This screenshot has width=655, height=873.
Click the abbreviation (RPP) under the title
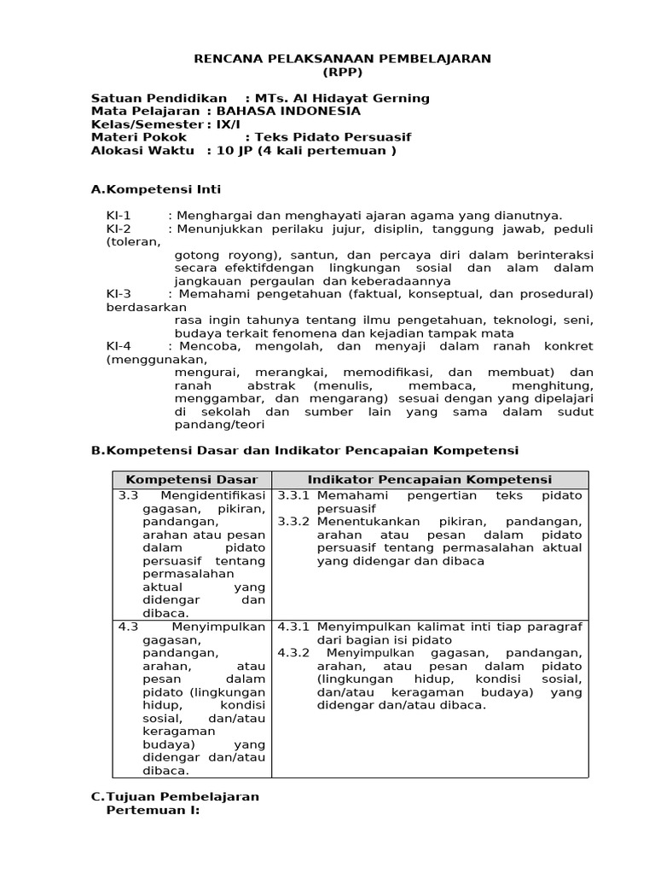[x=342, y=72]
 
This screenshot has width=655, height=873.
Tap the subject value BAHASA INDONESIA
[x=288, y=111]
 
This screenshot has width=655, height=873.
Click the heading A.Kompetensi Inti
[x=156, y=189]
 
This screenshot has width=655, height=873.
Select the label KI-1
[x=119, y=216]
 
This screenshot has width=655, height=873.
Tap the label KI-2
[x=119, y=228]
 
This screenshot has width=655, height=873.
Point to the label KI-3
[x=119, y=294]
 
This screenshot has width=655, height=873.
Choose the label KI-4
[x=119, y=346]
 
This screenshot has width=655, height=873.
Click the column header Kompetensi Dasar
[x=192, y=480]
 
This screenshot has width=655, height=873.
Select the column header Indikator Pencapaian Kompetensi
[x=430, y=480]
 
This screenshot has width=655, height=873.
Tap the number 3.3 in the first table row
[x=128, y=495]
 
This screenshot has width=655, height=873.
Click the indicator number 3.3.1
[x=293, y=495]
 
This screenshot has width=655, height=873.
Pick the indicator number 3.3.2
[x=293, y=522]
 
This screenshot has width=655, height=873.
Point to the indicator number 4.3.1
[x=293, y=627]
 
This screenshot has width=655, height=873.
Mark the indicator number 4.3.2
[x=293, y=653]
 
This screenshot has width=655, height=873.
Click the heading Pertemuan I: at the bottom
[x=152, y=810]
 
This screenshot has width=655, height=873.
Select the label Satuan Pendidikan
[x=159, y=98]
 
